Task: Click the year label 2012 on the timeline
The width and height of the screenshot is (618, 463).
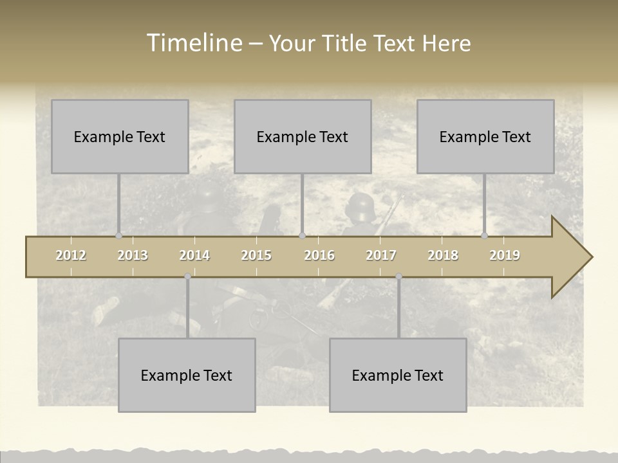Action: pos(71,255)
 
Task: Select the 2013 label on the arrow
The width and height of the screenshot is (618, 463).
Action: pos(133,255)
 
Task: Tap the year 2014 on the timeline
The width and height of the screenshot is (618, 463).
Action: pos(194,255)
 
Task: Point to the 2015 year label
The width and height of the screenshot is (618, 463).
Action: pos(256,255)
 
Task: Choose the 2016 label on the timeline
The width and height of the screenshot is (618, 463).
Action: pos(319,255)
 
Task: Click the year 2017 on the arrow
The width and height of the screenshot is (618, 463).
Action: pos(381,255)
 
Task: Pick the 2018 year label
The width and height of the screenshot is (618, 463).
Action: pos(443,255)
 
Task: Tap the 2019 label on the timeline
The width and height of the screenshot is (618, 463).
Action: pos(505,255)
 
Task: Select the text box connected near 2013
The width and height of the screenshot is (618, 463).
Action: pos(120,136)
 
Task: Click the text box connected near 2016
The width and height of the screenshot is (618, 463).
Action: pos(303,136)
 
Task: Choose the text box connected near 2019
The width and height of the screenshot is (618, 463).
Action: pos(485,136)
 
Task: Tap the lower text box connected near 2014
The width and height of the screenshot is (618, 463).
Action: pos(187,375)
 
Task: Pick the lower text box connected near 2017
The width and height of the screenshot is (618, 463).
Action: pos(398,375)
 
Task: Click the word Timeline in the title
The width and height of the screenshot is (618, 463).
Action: pos(193,43)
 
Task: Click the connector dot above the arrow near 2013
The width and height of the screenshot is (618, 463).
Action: pos(118,236)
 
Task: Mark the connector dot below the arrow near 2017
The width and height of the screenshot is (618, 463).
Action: pos(398,277)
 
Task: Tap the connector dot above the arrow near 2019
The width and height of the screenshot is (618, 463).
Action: pos(485,236)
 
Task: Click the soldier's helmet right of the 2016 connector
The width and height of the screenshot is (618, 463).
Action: pos(359,207)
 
